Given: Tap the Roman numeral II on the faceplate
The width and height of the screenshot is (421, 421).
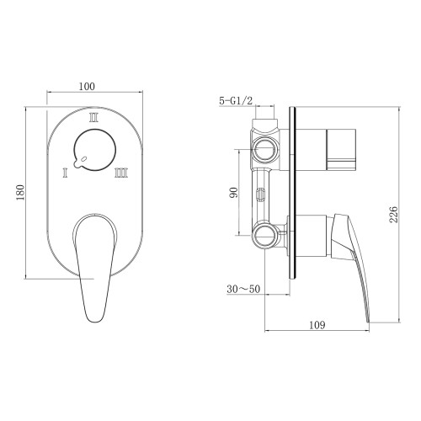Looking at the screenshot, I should click(93, 118).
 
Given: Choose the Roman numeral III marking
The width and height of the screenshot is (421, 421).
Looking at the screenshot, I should click(121, 172).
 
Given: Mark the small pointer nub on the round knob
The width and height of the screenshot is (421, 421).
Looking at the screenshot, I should click(77, 163).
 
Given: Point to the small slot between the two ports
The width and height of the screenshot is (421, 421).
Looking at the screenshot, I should click(261, 195).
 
